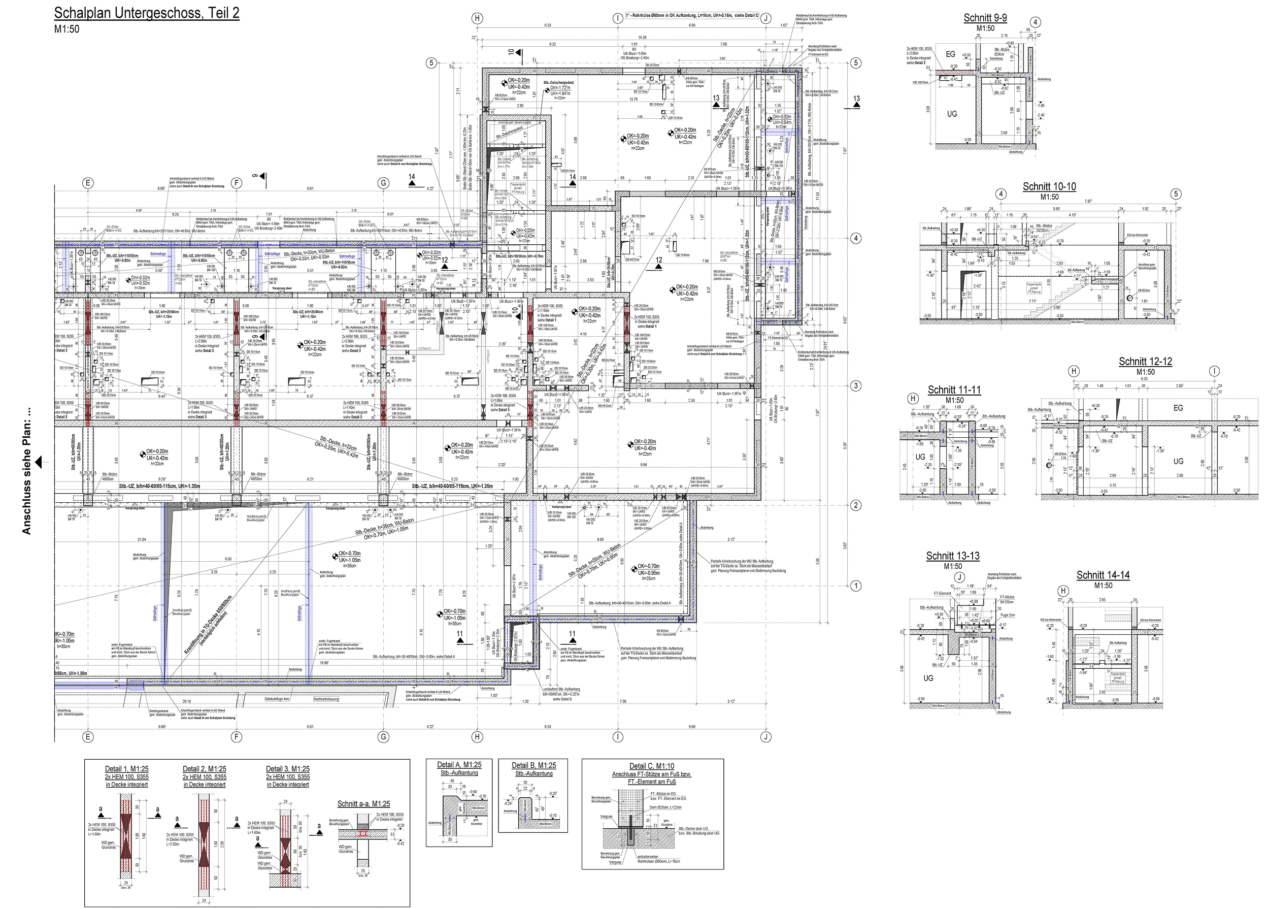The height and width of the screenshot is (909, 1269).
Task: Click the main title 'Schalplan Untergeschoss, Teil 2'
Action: pos(147,13)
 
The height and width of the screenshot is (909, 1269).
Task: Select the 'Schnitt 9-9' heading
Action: pos(985,18)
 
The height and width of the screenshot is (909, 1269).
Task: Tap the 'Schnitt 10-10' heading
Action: pos(1049,187)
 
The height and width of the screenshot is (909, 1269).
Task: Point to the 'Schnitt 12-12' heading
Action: pos(1145,362)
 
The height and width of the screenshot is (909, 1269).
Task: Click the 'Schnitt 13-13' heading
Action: pos(953,556)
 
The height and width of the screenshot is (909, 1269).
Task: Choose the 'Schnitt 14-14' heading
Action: pos(1103,575)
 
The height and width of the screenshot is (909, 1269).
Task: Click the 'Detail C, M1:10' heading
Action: pos(652,766)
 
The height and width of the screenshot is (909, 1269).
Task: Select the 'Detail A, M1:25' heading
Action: pos(459,765)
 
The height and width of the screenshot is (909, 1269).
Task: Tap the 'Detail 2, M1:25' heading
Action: pos(204,769)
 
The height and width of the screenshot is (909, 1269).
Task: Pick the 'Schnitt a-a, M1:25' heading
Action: pos(363,804)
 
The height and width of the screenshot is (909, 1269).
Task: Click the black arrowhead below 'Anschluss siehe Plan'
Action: pos(39,462)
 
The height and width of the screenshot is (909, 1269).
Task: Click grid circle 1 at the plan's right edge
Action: pos(855,586)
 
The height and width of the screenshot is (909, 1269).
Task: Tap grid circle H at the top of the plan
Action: pos(477,18)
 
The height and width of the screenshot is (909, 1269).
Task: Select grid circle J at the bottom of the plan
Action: pos(766,737)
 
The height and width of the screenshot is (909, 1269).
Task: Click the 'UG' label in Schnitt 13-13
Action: pos(928,678)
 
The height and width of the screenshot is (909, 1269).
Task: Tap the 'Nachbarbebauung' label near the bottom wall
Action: pos(326,699)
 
